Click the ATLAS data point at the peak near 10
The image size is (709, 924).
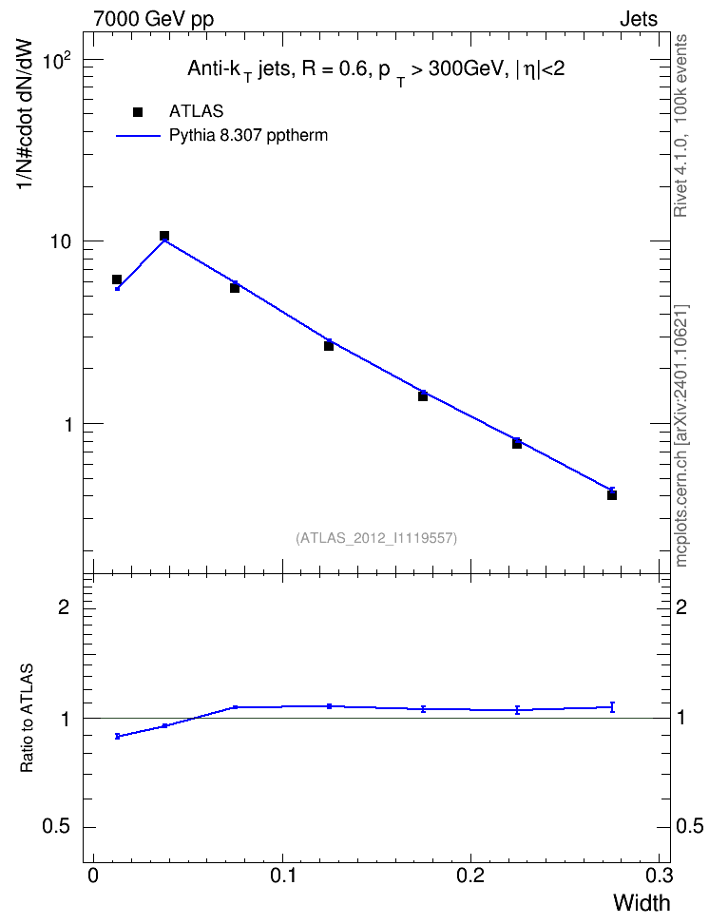[x=164, y=236]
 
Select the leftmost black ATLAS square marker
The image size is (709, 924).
[x=117, y=279]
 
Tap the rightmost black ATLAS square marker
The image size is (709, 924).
[x=612, y=495]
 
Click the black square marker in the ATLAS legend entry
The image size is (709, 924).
[x=138, y=112]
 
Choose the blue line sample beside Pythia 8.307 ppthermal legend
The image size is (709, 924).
[x=138, y=136]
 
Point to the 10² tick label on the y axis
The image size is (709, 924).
[x=57, y=60]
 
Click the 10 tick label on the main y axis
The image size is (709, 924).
[x=59, y=242]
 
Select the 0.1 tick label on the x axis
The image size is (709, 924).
[x=282, y=876]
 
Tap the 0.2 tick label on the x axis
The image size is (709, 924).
[x=470, y=876]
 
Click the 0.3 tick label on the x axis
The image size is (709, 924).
[x=659, y=876]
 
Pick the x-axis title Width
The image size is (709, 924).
[x=642, y=903]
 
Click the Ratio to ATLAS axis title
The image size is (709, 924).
[x=27, y=719]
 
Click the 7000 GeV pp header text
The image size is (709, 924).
[x=153, y=19]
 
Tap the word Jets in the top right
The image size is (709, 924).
[x=639, y=19]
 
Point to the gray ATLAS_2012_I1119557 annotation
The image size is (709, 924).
[x=376, y=537]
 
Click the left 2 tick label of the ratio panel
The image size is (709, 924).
[x=64, y=606]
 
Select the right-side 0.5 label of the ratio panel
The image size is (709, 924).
[x=690, y=826]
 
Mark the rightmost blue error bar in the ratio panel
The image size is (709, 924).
[x=612, y=707]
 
